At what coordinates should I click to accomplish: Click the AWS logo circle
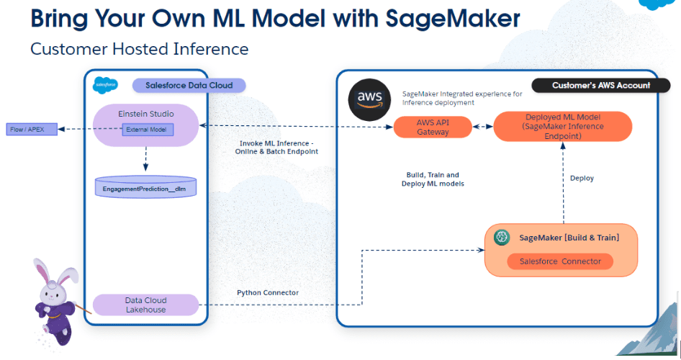pyautogui.click(x=369, y=99)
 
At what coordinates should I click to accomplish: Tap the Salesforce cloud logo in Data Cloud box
pyautogui.click(x=105, y=85)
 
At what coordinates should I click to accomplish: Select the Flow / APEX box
pyautogui.click(x=32, y=130)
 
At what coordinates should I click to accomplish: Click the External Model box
pyautogui.click(x=148, y=130)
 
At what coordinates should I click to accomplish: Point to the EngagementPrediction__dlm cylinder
pyautogui.click(x=146, y=187)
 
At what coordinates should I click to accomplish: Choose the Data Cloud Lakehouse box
pyautogui.click(x=146, y=305)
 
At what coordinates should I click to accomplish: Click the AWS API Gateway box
pyautogui.click(x=433, y=127)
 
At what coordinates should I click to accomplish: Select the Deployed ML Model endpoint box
pyautogui.click(x=563, y=127)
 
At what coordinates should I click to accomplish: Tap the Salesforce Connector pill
pyautogui.click(x=560, y=261)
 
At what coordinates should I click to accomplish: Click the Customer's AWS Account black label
pyautogui.click(x=601, y=86)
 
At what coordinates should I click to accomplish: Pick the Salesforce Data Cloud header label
pyautogui.click(x=189, y=86)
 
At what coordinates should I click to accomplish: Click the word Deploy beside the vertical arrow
pyautogui.click(x=582, y=178)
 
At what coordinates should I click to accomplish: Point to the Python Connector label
pyautogui.click(x=268, y=293)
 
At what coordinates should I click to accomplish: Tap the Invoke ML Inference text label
pyautogui.click(x=276, y=147)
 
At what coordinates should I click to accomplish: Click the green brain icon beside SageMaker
pyautogui.click(x=502, y=237)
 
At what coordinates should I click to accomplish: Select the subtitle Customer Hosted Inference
pyautogui.click(x=140, y=49)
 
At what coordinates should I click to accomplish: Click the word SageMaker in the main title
pyautogui.click(x=453, y=19)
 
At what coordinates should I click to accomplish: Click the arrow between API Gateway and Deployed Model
pyautogui.click(x=482, y=127)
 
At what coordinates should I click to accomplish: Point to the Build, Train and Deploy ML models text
pyautogui.click(x=433, y=179)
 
